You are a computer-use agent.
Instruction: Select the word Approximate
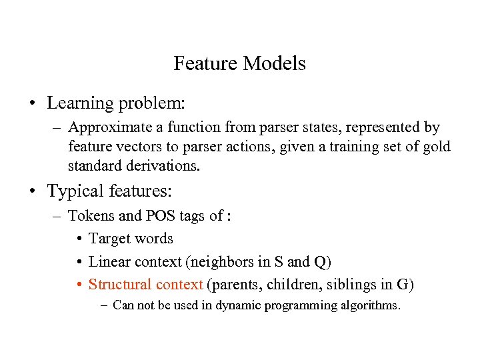click(x=103, y=127)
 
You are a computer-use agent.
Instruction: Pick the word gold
click(x=436, y=146)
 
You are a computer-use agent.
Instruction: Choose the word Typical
click(x=75, y=191)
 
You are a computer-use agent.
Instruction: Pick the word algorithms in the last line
click(x=371, y=306)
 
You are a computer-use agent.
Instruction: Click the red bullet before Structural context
click(x=79, y=285)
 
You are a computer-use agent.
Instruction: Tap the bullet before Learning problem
click(x=31, y=104)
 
